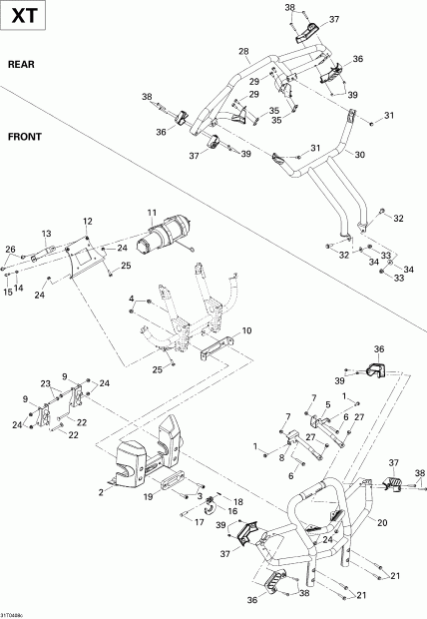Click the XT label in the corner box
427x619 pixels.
pyautogui.click(x=23, y=18)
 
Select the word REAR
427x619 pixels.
pyautogui.click(x=22, y=64)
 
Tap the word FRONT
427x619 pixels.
pyautogui.click(x=25, y=137)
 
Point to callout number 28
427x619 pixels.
pyautogui.click(x=243, y=51)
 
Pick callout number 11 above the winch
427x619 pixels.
pyautogui.click(x=153, y=213)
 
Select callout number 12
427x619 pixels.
pyautogui.click(x=88, y=221)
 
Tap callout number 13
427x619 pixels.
pyautogui.click(x=46, y=233)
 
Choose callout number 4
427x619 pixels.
pyautogui.click(x=131, y=299)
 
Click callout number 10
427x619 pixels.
pyautogui.click(x=247, y=330)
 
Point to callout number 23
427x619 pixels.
pyautogui.click(x=45, y=384)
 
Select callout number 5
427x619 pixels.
pyautogui.click(x=327, y=404)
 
